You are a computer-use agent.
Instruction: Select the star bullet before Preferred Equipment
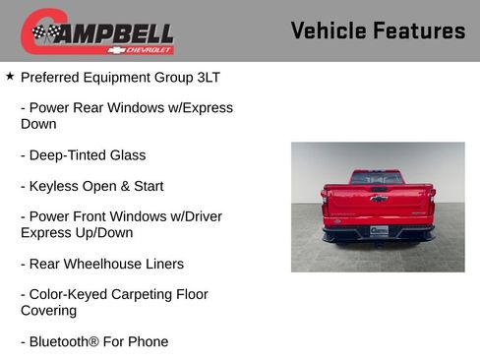click(10, 76)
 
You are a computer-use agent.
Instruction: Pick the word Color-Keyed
click(70, 294)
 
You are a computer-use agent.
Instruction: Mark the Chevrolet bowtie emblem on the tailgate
click(378, 199)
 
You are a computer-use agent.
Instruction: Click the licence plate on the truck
click(379, 230)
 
